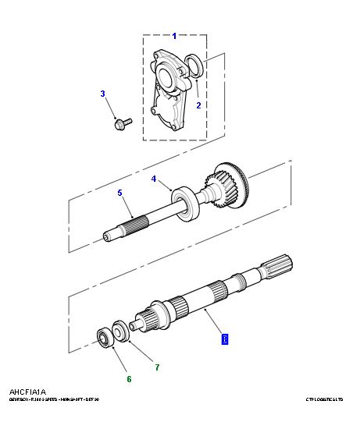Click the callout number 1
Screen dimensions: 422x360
174,36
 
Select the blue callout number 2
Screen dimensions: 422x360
198,105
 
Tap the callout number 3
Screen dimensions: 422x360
102,94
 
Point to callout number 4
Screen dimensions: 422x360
154,179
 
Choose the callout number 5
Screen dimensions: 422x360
119,193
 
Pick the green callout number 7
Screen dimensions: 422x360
156,367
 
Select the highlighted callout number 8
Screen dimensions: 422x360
225,339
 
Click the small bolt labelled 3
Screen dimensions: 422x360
122,122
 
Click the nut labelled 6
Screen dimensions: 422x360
103,337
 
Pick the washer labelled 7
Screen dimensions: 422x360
122,331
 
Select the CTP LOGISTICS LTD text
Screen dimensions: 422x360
326,399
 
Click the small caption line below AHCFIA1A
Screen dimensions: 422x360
54,399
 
